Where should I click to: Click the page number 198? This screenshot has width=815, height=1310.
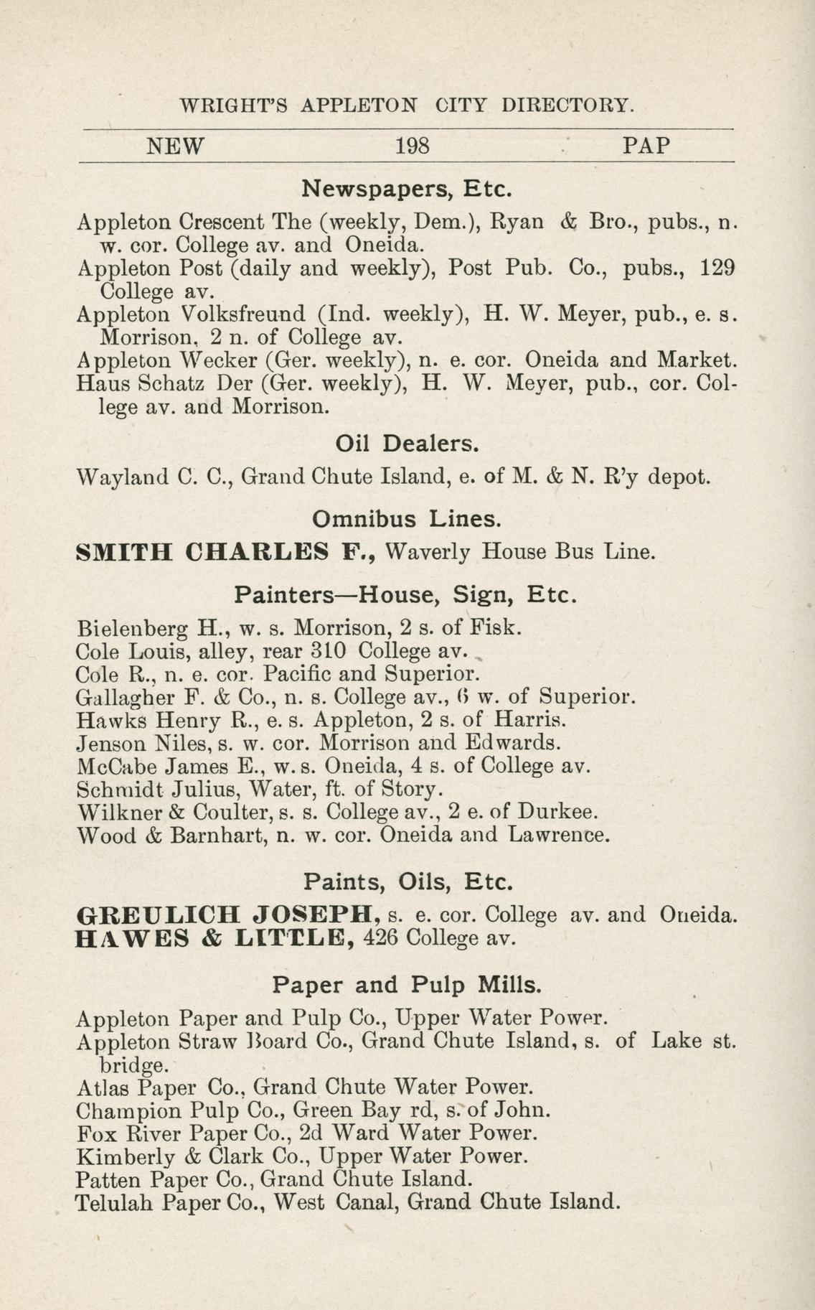(x=413, y=146)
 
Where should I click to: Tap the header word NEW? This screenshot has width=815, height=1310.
(x=176, y=146)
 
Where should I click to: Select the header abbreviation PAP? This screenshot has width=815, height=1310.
(x=646, y=146)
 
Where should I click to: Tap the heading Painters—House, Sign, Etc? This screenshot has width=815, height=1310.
(x=406, y=594)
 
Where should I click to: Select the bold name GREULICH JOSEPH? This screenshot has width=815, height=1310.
(x=228, y=914)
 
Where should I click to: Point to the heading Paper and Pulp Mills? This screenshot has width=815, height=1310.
(x=407, y=984)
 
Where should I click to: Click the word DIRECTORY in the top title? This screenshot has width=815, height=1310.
(x=567, y=106)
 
